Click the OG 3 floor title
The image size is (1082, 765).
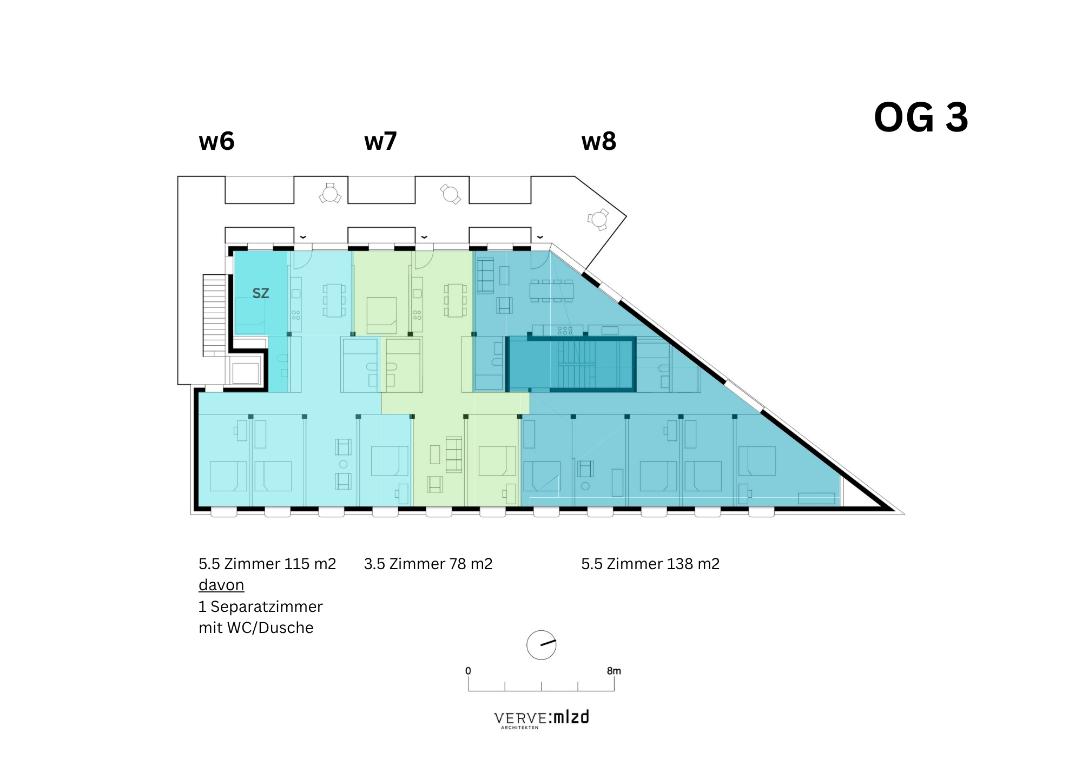click(x=921, y=118)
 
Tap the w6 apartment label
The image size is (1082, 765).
click(x=216, y=141)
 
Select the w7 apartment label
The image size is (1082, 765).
click(x=380, y=141)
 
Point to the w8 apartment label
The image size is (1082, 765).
click(x=598, y=141)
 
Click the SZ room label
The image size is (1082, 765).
click(x=260, y=293)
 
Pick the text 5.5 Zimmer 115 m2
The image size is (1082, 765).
click(x=267, y=564)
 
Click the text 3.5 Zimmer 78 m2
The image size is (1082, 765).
click(x=428, y=564)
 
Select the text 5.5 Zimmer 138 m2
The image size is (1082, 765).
click(x=650, y=564)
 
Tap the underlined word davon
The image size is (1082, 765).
click(x=221, y=585)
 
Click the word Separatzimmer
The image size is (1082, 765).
click(x=267, y=606)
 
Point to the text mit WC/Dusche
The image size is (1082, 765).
click(x=256, y=628)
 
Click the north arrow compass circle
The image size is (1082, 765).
click(x=541, y=645)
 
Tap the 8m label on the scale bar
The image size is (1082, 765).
click(x=613, y=671)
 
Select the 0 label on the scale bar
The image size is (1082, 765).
click(x=468, y=671)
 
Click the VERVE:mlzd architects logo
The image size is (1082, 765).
click(x=541, y=719)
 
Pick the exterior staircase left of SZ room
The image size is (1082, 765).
click(x=214, y=315)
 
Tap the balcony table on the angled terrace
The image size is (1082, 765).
click(x=598, y=219)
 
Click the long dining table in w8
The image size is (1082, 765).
click(x=551, y=291)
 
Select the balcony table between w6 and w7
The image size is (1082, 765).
click(x=329, y=193)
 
